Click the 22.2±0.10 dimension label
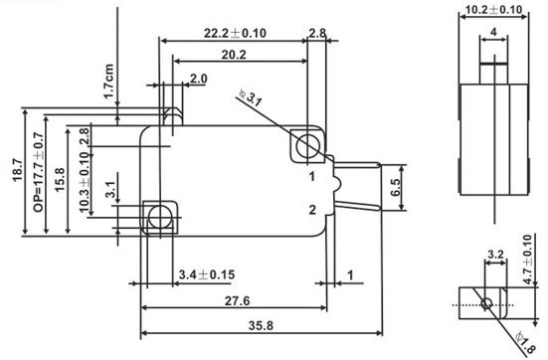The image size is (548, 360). (235, 33)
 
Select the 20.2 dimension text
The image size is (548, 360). (234, 55)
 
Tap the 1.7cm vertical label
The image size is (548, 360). (109, 82)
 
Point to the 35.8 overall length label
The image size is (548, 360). (261, 326)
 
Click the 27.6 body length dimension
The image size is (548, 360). (237, 300)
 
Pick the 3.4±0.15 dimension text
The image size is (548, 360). (207, 274)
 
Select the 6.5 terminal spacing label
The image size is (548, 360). (395, 187)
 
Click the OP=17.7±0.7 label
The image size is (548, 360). (39, 172)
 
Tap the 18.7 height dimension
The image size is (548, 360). (18, 170)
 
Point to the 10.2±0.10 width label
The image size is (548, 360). (494, 9)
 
